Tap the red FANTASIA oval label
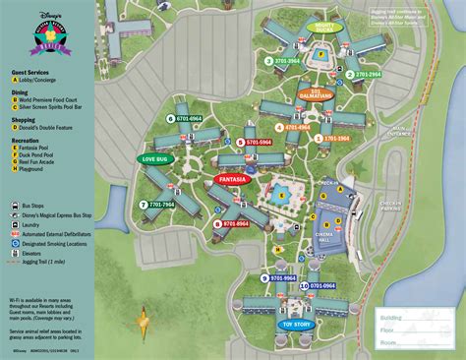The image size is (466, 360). coord(234,180)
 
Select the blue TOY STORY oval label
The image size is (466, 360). coord(296,323)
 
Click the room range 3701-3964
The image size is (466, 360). coord(288,60)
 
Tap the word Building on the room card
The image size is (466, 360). coord(394,318)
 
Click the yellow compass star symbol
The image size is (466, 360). coord(145,320)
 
